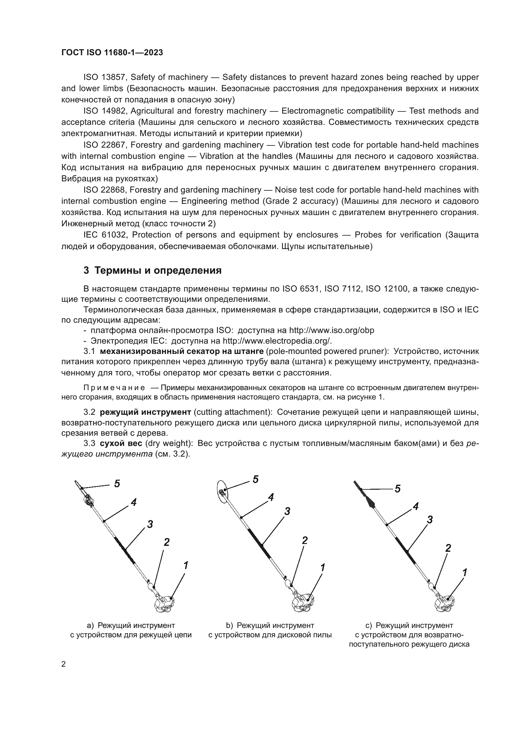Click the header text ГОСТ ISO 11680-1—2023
point(112,53)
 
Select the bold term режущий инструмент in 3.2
point(145,412)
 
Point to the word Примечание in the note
point(114,388)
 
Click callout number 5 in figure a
point(117,484)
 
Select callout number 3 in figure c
point(430,520)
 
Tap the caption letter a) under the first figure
point(90,625)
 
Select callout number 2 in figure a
point(167,542)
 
